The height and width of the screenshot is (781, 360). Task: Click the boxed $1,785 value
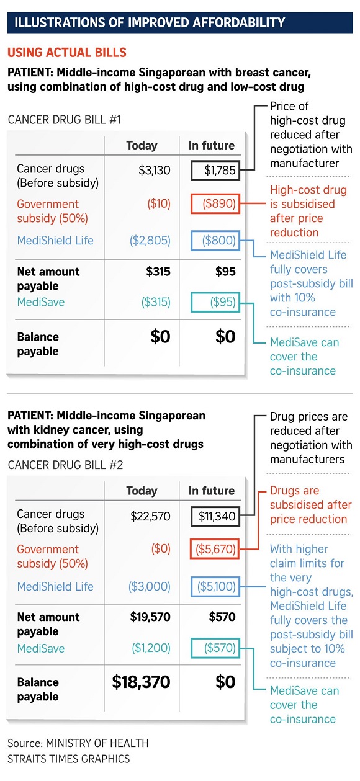tap(215, 170)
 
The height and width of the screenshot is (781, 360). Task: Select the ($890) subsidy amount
tap(215, 203)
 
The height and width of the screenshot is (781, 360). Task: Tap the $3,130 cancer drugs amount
tap(154, 170)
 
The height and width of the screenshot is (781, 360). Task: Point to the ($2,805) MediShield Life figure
tap(150, 240)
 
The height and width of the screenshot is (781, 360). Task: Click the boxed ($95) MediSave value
tap(215, 301)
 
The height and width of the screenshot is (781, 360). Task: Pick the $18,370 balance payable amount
tap(141, 682)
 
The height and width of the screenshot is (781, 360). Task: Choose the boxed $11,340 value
tap(215, 516)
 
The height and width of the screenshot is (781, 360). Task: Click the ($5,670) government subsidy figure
tap(215, 549)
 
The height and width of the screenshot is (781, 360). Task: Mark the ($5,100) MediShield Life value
tap(215, 586)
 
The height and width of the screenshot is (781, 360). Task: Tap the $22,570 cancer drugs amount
tap(150, 516)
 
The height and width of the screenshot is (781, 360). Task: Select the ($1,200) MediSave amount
tap(151, 648)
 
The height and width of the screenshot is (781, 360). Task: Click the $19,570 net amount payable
tap(150, 617)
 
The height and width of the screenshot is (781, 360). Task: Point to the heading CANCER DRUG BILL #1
tap(65, 120)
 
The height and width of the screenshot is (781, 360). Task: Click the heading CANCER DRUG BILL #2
tap(65, 465)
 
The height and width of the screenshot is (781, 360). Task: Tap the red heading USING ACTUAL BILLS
tap(67, 52)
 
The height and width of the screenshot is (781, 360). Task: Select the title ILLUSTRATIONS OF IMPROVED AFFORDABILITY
tap(150, 23)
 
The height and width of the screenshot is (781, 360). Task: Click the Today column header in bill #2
tap(142, 491)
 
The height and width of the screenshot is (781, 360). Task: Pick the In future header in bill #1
tap(212, 145)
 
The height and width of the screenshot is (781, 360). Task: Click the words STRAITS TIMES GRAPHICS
tap(69, 759)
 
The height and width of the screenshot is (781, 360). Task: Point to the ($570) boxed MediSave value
tap(215, 648)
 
